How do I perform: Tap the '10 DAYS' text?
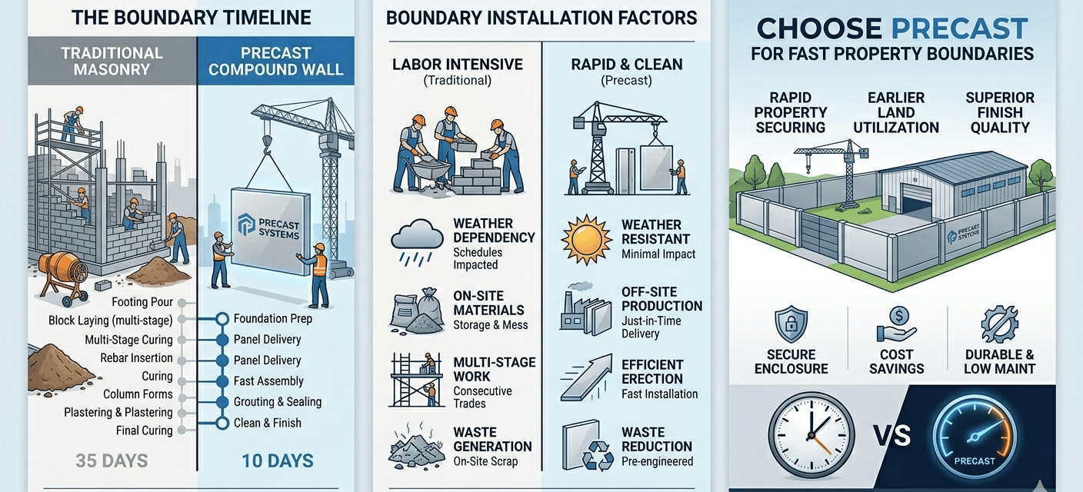(x=277, y=461)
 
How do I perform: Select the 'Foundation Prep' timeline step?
(x=272, y=319)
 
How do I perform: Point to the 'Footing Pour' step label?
(x=142, y=302)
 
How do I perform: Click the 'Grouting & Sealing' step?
(x=278, y=402)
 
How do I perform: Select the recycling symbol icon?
(x=598, y=457)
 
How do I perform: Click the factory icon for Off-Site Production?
(x=585, y=311)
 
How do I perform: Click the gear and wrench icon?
(x=999, y=324)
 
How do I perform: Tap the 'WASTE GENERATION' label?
(x=492, y=439)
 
